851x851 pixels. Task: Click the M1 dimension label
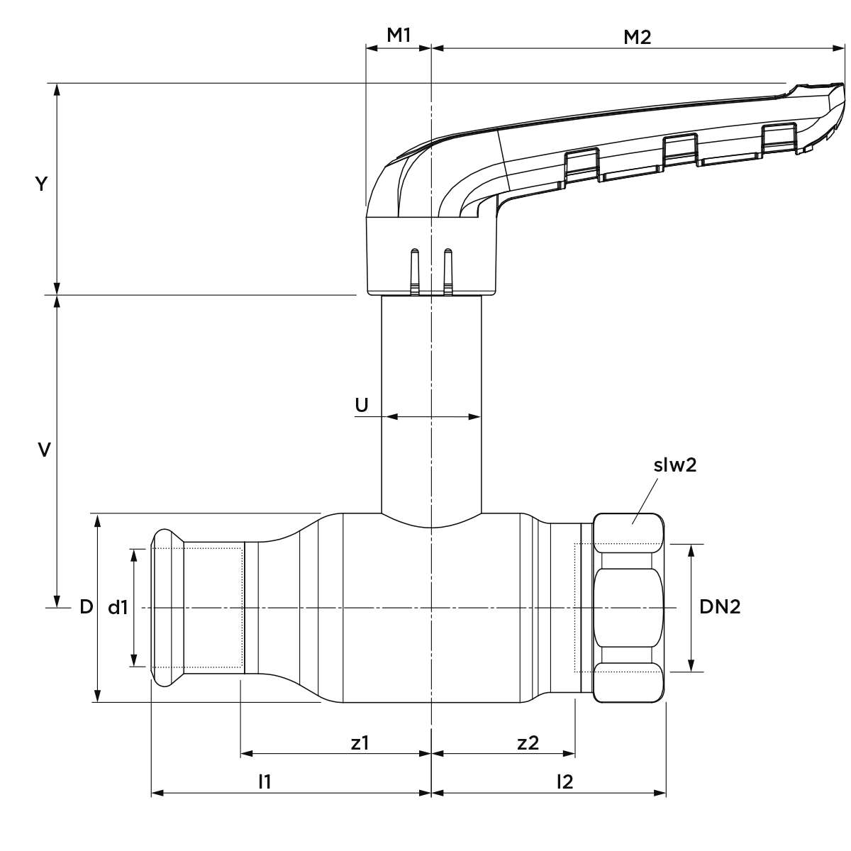[x=399, y=35]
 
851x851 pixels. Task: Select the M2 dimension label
[x=637, y=38]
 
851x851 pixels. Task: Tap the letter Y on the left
[x=41, y=184]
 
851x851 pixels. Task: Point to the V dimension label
[x=44, y=450]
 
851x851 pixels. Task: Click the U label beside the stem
[x=361, y=404]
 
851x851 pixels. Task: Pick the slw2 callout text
[x=675, y=465]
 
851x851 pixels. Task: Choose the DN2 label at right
[x=720, y=607]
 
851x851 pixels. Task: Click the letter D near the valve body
[x=86, y=607]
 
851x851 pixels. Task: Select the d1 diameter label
[x=118, y=608]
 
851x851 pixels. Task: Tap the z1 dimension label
[x=360, y=742]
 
